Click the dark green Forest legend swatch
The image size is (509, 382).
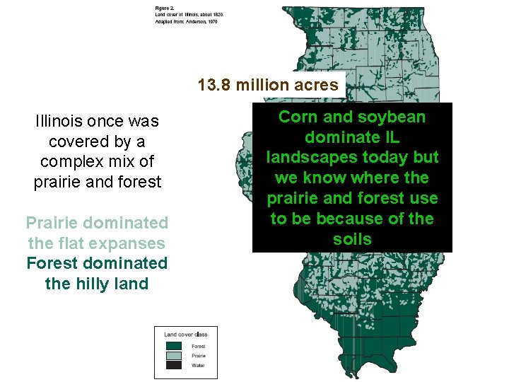pyautogui.click(x=174, y=345)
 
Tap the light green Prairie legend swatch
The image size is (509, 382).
pyautogui.click(x=174, y=355)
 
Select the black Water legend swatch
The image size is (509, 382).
pyautogui.click(x=174, y=365)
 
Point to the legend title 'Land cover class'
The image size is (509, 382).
pyautogui.click(x=185, y=334)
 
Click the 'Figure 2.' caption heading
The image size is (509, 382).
pyautogui.click(x=164, y=8)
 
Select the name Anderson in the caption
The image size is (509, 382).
pyautogui.click(x=201, y=22)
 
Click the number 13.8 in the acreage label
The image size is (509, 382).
pyautogui.click(x=213, y=86)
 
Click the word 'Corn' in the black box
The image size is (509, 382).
pyautogui.click(x=296, y=117)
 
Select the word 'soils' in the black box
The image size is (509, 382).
pyautogui.click(x=352, y=239)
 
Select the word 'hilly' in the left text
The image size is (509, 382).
pyautogui.click(x=95, y=284)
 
